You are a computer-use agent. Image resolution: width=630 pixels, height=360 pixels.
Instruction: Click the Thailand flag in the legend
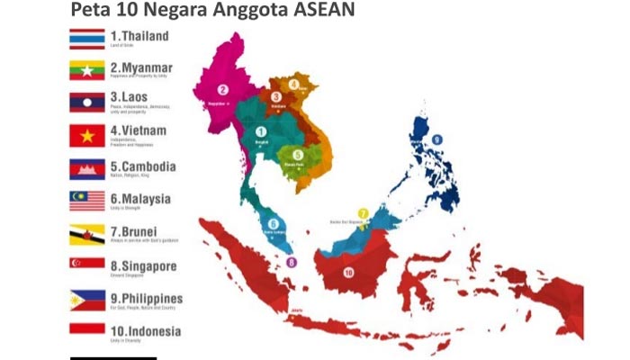point(87,39)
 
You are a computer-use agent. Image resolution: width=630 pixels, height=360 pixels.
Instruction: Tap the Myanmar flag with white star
point(87,70)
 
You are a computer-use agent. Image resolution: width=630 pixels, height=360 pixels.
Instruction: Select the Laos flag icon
point(87,103)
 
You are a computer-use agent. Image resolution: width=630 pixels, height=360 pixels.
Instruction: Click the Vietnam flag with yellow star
point(87,135)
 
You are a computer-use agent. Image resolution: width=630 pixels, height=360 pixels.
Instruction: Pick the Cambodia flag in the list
point(87,169)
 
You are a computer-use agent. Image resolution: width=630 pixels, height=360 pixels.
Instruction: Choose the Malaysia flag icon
point(87,201)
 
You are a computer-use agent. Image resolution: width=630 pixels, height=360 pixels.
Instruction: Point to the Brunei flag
point(87,234)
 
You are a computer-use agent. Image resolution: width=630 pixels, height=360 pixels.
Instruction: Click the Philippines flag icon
point(87,300)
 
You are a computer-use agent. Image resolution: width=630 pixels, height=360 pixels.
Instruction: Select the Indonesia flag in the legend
point(87,330)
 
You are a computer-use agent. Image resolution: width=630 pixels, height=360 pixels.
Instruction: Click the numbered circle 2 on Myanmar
point(221,90)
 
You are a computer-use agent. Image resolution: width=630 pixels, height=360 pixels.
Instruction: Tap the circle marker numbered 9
point(437,139)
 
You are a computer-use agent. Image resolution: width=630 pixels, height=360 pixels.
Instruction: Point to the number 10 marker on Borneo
point(348,272)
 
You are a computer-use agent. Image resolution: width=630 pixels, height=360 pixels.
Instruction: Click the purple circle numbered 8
point(292,263)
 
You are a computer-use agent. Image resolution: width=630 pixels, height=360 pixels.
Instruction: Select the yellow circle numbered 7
point(363,213)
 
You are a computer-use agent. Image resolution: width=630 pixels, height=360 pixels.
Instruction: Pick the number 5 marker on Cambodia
point(298,155)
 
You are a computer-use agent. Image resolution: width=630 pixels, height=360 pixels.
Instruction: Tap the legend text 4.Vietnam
point(138,130)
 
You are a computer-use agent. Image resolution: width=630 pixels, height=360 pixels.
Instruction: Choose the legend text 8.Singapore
point(143,266)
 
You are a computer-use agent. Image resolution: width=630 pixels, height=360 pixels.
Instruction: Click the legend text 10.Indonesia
point(145,331)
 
